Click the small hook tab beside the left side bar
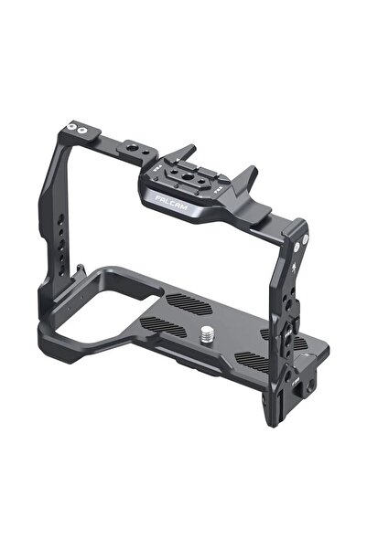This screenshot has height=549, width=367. pos(81,270)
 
